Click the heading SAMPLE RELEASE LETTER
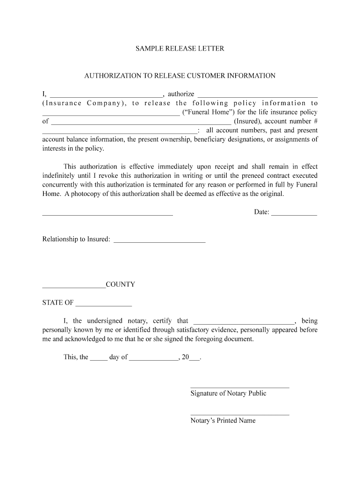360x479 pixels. (180, 49)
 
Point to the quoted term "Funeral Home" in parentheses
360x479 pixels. (208, 112)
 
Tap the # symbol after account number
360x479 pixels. (315, 121)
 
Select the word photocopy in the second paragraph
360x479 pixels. (87, 194)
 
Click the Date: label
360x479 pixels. (261, 212)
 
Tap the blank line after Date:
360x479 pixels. (294, 214)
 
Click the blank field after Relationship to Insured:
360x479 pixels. (159, 241)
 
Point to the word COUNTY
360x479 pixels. (121, 284)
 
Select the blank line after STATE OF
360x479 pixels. (104, 305)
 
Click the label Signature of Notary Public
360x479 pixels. (228, 393)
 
